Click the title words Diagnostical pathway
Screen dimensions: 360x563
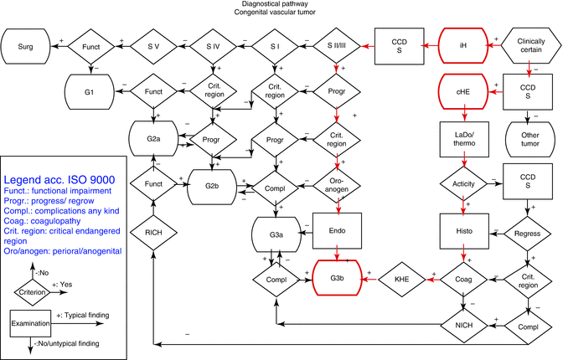tap(281, 5)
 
